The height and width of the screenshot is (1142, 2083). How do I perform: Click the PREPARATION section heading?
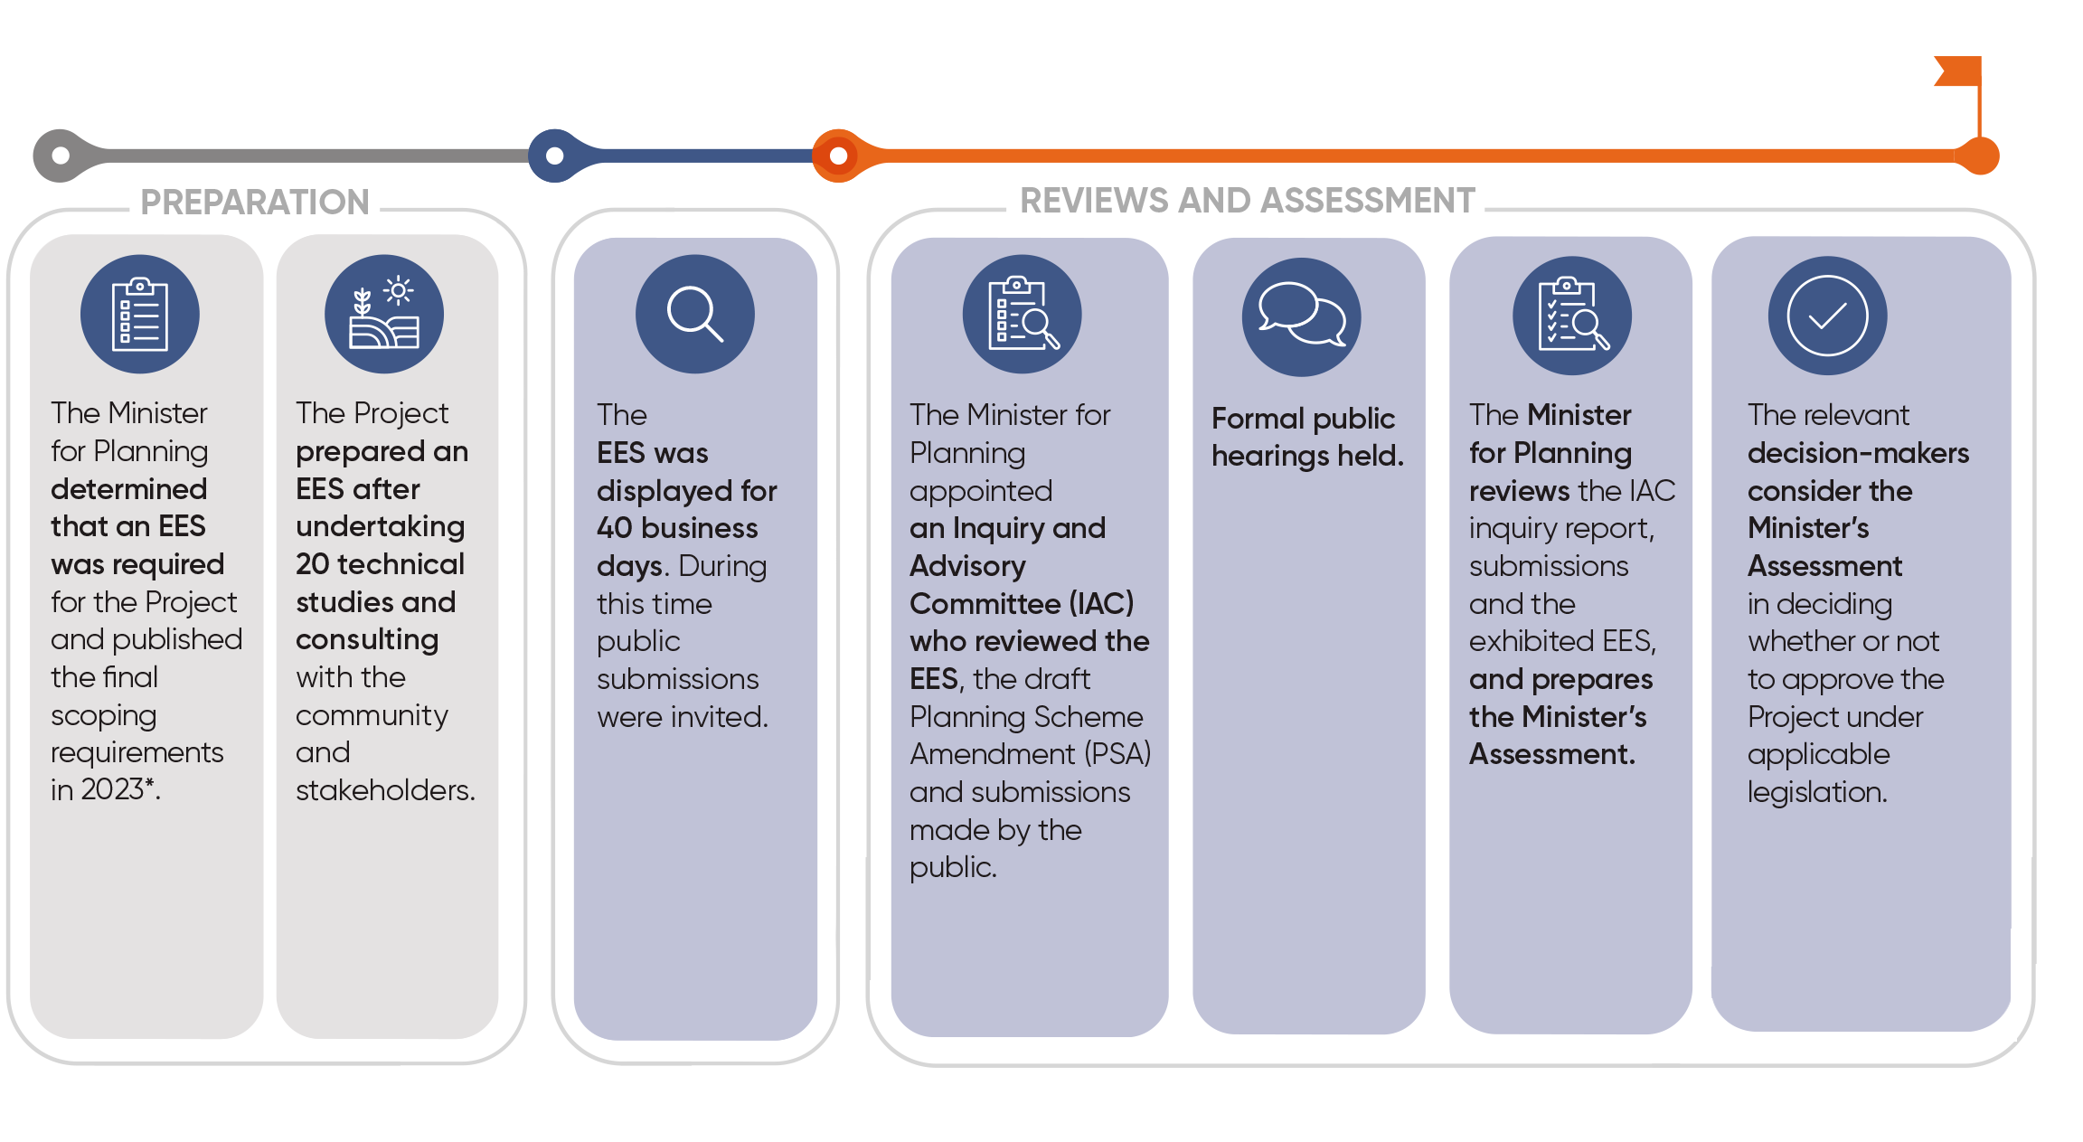255,202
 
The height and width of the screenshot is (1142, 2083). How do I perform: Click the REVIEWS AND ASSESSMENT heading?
1247,200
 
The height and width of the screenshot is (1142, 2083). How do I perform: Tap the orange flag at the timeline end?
1960,72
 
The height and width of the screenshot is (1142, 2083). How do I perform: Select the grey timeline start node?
61,156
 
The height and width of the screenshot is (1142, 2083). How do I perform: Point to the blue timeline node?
555,156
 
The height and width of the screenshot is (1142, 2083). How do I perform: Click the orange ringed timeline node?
838,156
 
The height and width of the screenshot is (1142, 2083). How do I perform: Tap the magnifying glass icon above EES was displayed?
694,314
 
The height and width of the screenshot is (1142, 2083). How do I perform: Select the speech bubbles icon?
1301,316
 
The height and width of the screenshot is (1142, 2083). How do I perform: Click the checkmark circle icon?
1827,315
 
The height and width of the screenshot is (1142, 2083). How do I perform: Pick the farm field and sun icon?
384,314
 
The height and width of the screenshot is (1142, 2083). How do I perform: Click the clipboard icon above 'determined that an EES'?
139,314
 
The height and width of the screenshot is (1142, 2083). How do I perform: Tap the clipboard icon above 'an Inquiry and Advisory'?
1022,314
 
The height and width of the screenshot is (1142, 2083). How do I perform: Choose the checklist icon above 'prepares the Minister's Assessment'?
1571,315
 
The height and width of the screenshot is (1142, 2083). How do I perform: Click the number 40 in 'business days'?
615,528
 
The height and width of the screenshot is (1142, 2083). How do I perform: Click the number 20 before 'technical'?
312,564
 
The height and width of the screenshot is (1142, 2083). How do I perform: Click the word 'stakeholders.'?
385,790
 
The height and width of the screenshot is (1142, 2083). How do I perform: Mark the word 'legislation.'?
1817,792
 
